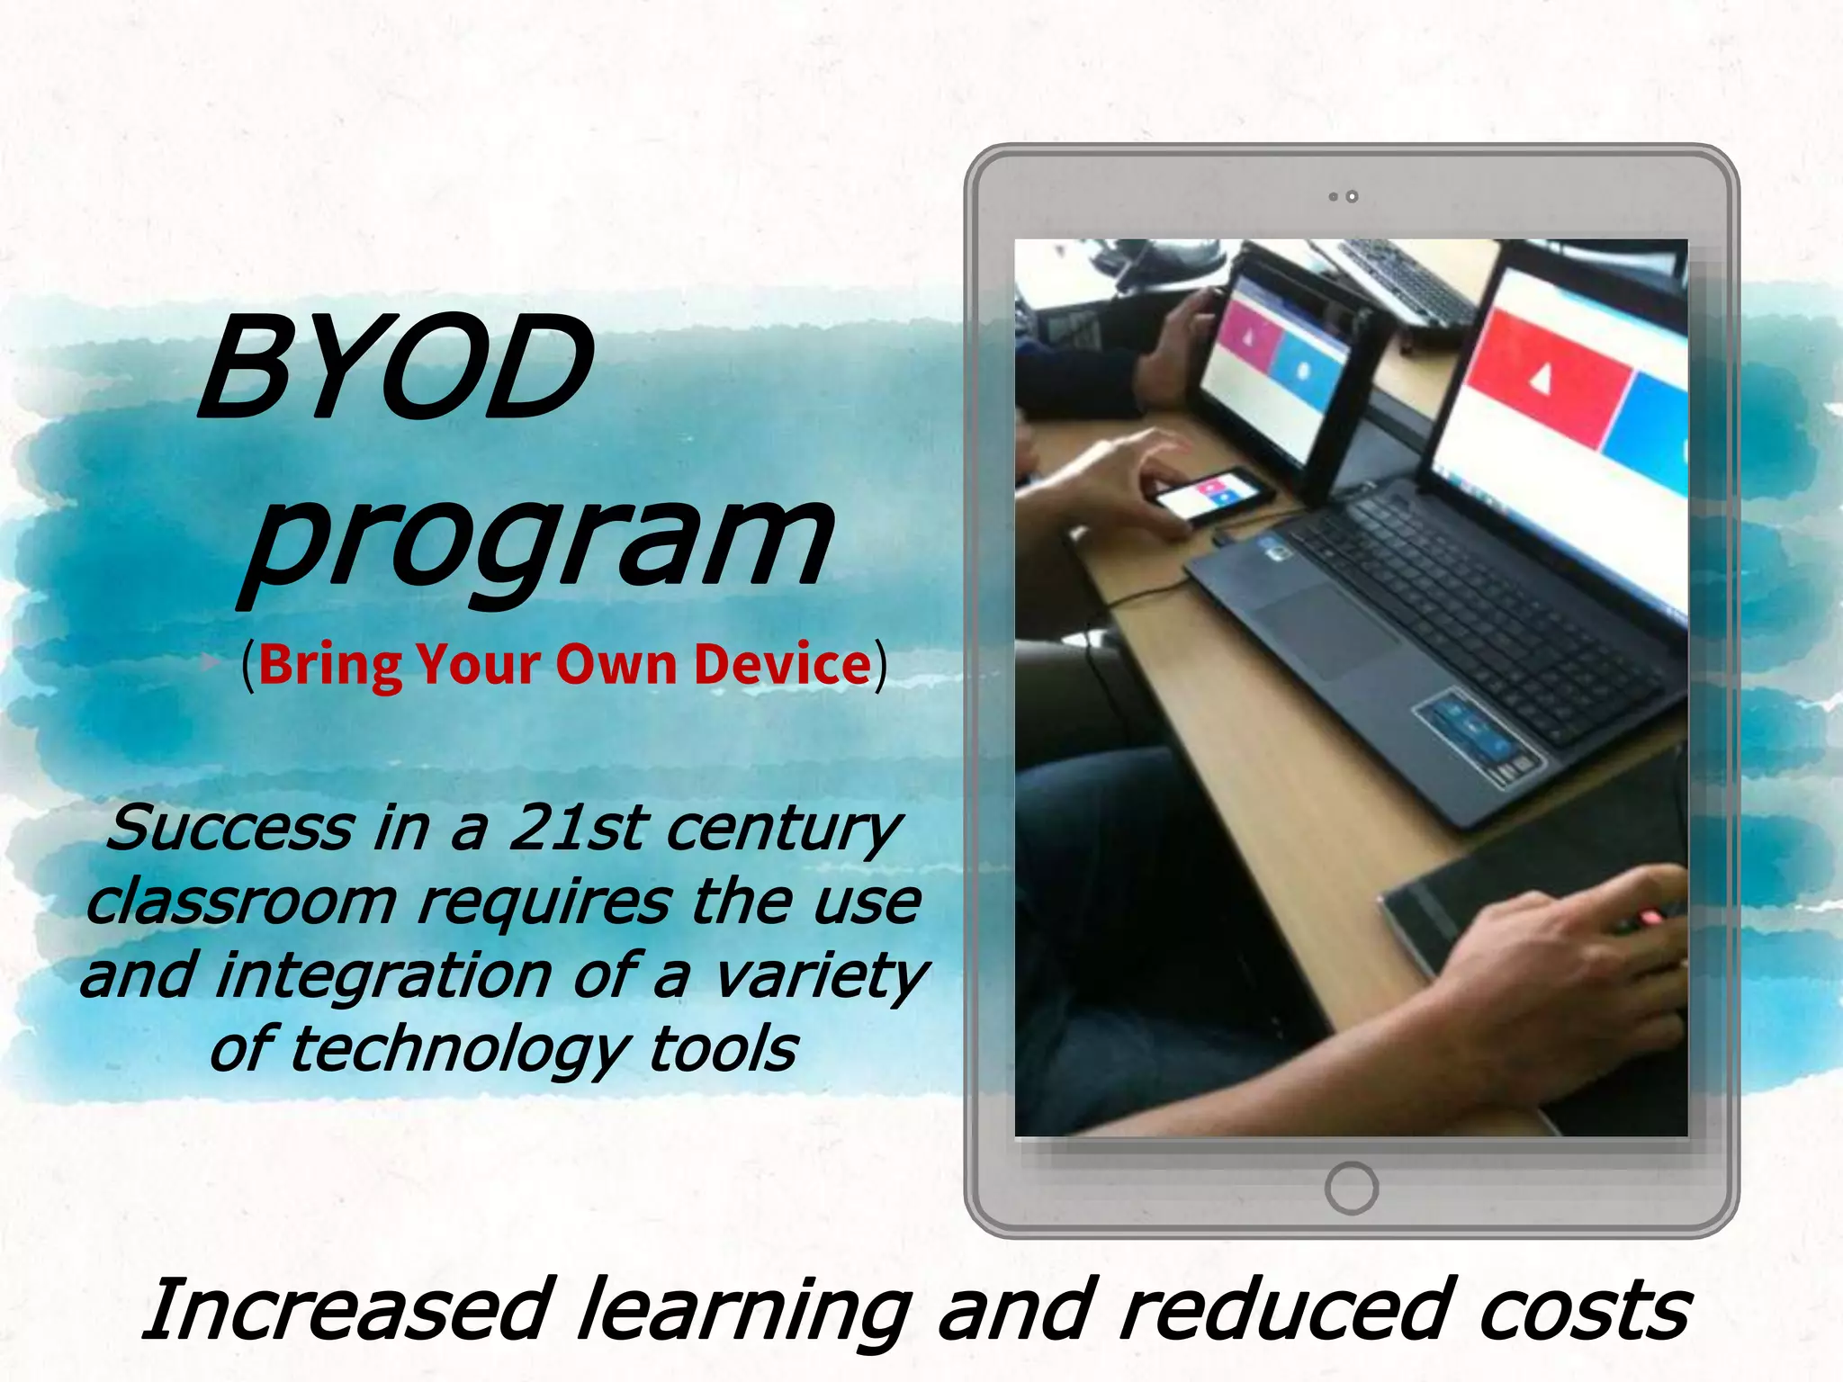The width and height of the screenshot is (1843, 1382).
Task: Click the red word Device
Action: tap(783, 665)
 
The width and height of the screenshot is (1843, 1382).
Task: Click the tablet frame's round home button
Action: tap(1351, 1188)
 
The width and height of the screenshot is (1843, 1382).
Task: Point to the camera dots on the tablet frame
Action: tap(1343, 196)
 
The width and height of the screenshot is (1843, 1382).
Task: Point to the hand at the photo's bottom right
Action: tap(1566, 972)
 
